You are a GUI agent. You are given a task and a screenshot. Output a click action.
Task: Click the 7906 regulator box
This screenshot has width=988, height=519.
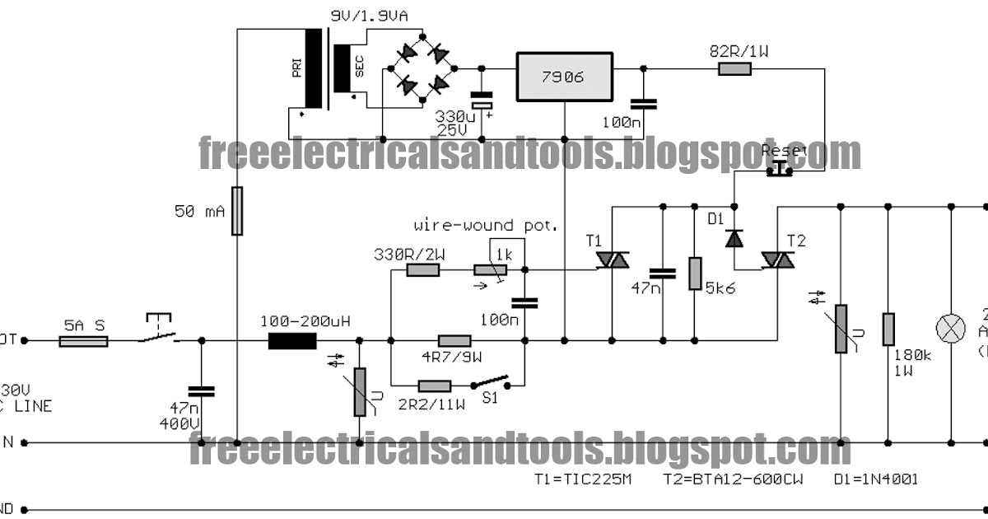(x=564, y=77)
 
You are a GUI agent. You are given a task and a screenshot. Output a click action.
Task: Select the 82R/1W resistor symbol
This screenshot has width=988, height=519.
(x=734, y=69)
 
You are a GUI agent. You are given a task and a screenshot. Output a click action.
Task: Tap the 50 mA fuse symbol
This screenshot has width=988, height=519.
(x=237, y=211)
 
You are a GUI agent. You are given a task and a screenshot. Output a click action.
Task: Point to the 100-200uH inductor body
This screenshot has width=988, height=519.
(x=287, y=339)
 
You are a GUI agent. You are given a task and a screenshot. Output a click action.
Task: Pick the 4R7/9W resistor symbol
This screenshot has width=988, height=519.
(x=454, y=339)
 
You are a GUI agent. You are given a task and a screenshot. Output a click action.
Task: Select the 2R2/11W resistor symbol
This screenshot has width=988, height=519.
(x=434, y=385)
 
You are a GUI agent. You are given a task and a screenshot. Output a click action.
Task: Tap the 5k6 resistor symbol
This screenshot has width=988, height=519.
(x=696, y=273)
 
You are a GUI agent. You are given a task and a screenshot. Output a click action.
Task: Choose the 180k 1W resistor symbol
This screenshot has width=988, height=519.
(x=888, y=328)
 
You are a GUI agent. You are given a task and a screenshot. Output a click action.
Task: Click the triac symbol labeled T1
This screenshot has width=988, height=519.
(x=612, y=259)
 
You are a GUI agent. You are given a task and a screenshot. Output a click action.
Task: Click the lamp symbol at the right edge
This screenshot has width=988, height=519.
(x=953, y=328)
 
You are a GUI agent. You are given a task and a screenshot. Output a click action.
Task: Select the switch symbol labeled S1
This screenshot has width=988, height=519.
(x=491, y=384)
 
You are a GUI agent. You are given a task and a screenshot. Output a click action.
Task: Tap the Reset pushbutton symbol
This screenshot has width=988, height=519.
(x=778, y=168)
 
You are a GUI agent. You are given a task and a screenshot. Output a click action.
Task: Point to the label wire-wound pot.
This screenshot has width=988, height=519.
(x=485, y=225)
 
